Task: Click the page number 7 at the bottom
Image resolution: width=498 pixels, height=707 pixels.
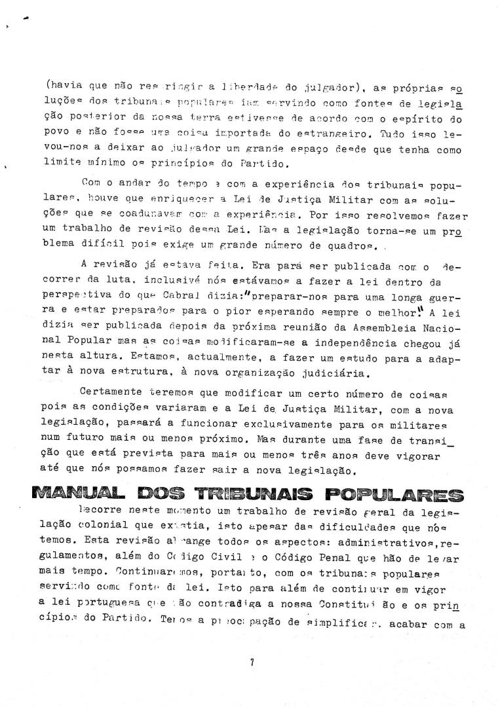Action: click(252, 662)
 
